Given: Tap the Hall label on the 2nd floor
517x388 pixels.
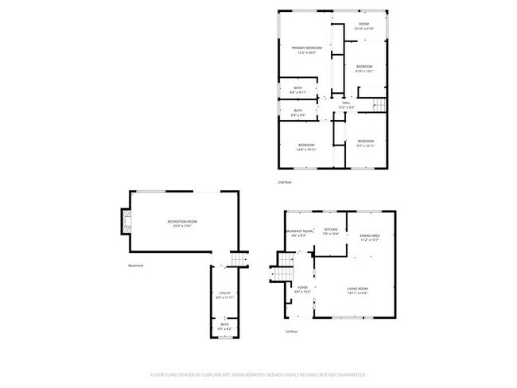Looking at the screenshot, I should click(x=346, y=104).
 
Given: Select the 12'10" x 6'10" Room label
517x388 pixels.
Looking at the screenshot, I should click(x=363, y=25).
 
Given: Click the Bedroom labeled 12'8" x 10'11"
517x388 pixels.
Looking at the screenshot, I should click(x=306, y=146).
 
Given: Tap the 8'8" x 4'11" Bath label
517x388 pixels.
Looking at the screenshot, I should click(x=298, y=90).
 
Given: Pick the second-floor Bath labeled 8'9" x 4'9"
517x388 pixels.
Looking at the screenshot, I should click(x=298, y=112).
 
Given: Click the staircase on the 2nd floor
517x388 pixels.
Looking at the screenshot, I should click(x=379, y=106).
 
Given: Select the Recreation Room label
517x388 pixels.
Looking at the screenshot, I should click(x=181, y=223).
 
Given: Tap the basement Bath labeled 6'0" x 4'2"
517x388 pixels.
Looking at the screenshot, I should click(x=225, y=326).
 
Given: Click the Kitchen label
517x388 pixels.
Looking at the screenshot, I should click(x=331, y=231).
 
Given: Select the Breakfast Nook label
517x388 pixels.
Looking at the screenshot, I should click(x=299, y=233).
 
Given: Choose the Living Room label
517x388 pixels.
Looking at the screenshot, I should click(x=357, y=290).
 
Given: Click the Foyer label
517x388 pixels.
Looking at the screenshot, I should click(x=302, y=289).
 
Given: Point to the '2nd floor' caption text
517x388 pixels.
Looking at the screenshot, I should click(x=285, y=183).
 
